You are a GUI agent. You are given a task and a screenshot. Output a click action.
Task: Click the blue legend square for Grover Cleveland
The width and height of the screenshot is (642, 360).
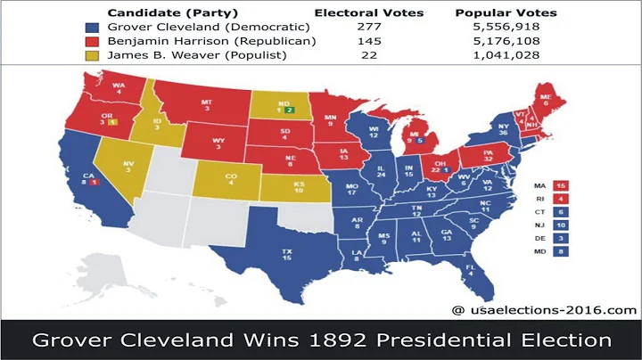91,28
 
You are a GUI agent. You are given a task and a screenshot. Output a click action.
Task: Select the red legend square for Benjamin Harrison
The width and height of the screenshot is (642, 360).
91,42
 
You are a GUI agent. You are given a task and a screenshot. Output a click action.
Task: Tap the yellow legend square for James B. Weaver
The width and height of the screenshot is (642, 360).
91,57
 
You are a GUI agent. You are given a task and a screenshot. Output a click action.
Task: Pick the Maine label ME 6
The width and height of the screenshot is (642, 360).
542,101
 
